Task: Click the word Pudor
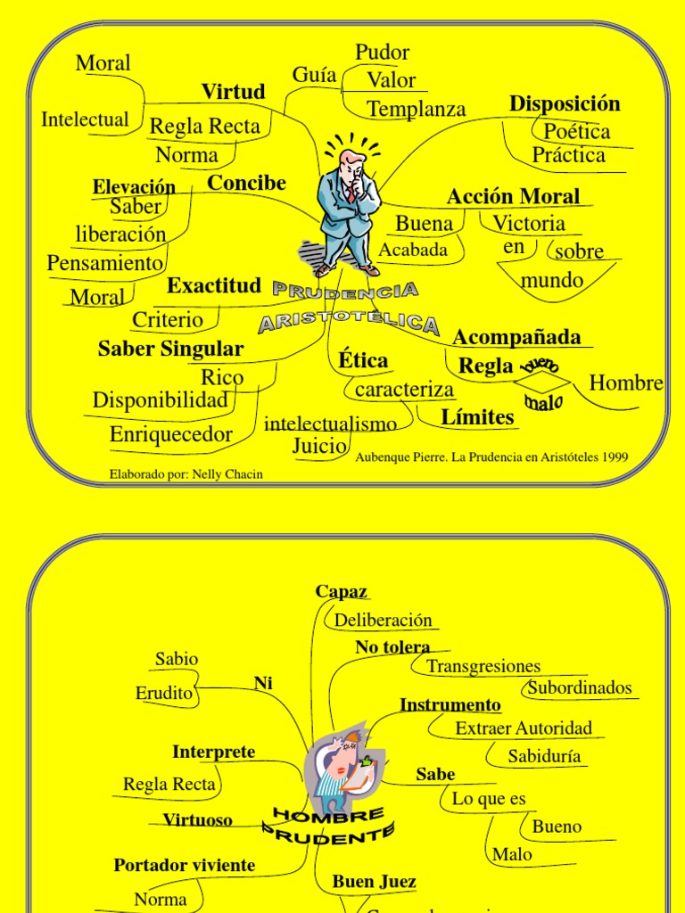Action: [x=383, y=53]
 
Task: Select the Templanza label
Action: [x=417, y=109]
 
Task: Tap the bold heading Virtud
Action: [x=233, y=92]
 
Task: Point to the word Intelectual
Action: [x=85, y=119]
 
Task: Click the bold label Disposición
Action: [x=565, y=103]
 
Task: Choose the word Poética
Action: [x=577, y=132]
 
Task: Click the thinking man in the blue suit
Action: [x=349, y=210]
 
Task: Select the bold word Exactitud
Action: [x=214, y=286]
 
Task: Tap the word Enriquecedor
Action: [x=171, y=435]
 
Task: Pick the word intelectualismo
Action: [x=330, y=424]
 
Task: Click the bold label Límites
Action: [x=478, y=416]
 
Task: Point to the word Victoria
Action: [x=529, y=223]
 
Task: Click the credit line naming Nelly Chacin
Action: [x=186, y=474]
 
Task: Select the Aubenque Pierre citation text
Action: [x=491, y=457]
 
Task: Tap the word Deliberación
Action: [x=384, y=621]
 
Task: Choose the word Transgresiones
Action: [x=483, y=666]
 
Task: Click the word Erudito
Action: [x=164, y=693]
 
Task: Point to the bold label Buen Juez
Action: [x=374, y=882]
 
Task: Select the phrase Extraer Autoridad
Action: [x=524, y=728]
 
